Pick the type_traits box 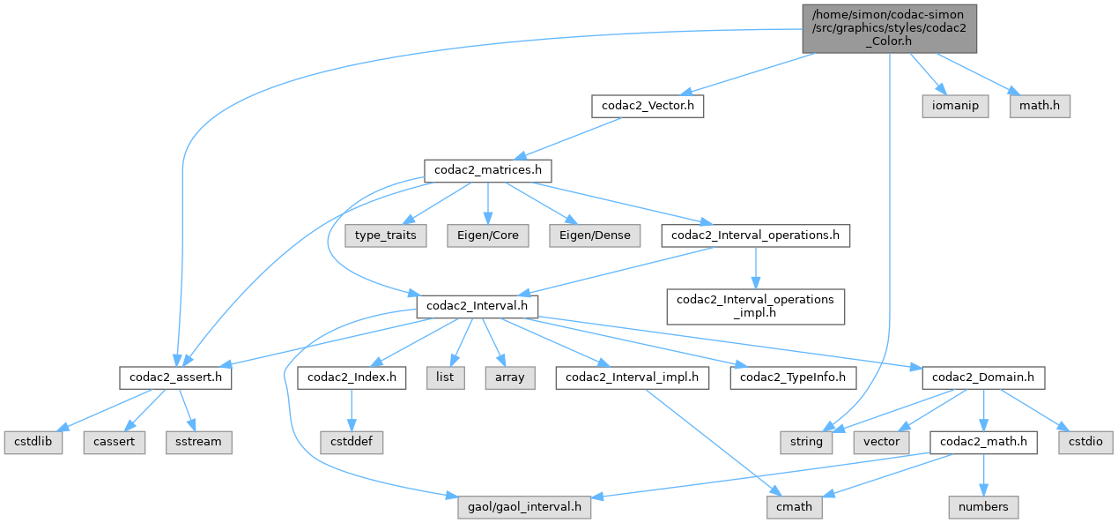point(386,235)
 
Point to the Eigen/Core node point(488,235)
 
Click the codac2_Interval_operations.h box point(755,235)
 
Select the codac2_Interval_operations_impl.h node point(755,305)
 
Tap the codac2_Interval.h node point(477,306)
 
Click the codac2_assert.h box point(175,377)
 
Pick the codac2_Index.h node point(352,377)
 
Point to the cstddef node point(352,442)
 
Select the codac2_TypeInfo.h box point(793,377)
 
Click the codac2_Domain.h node point(983,377)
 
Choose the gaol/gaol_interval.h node point(524,507)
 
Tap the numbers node point(983,507)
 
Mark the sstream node point(198,442)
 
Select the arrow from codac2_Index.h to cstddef point(352,410)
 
